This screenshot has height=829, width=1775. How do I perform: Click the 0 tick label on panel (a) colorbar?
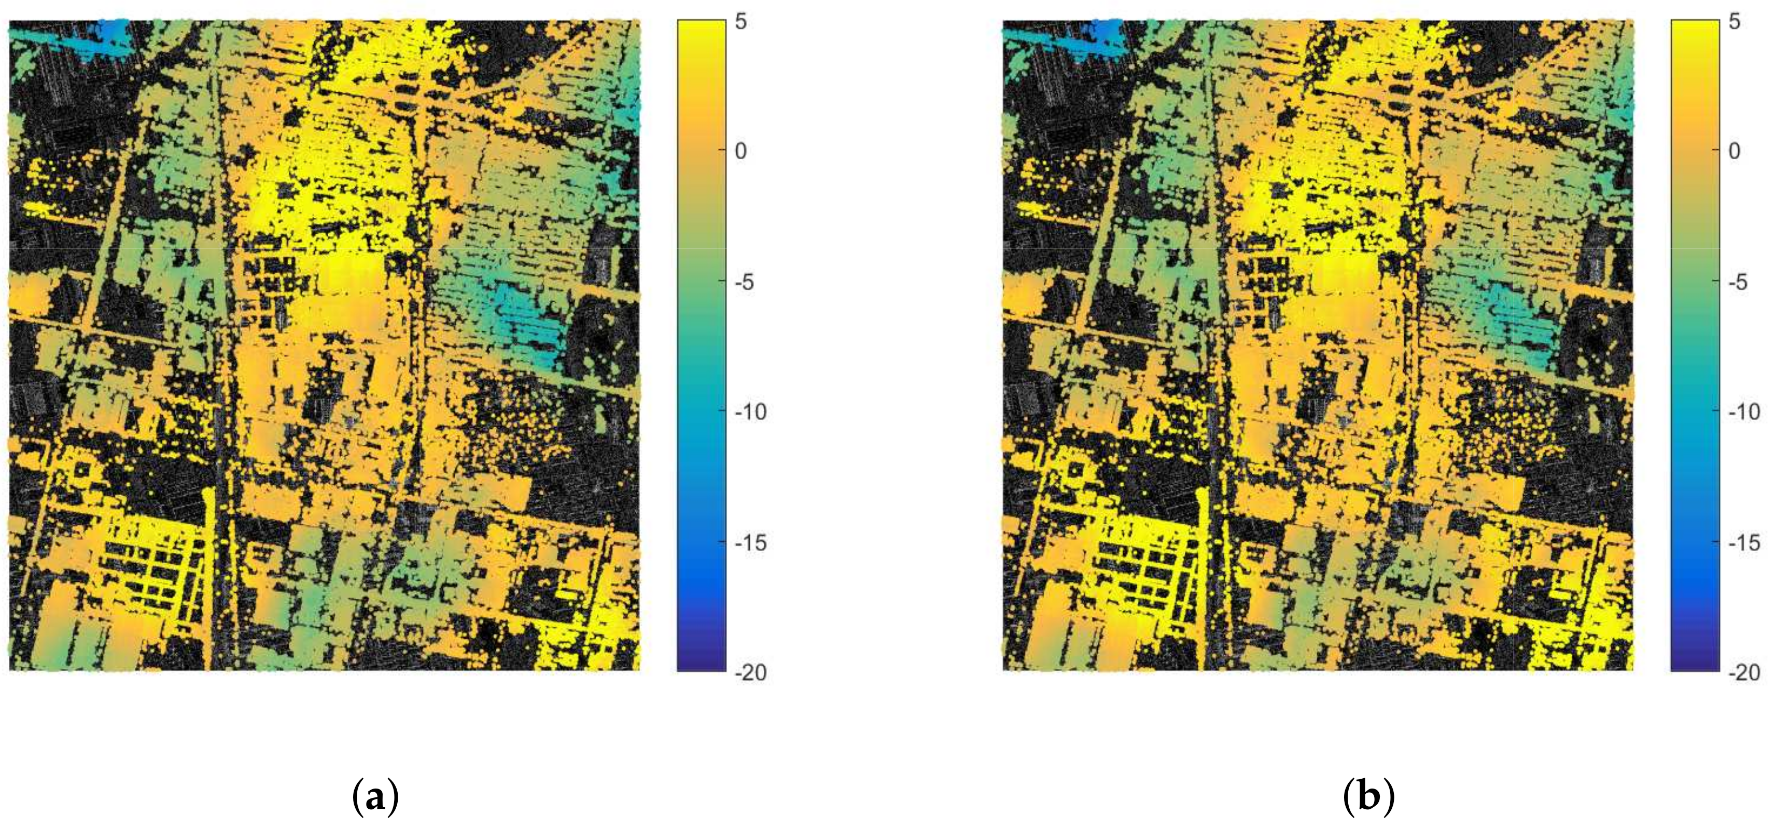click(x=740, y=151)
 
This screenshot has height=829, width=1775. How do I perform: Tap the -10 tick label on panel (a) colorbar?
click(x=750, y=412)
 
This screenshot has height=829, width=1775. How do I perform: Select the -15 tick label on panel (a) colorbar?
click(x=750, y=543)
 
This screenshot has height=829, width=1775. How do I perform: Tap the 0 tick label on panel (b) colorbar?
click(x=1735, y=151)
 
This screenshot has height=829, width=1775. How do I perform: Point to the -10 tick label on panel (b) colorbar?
click(x=1744, y=412)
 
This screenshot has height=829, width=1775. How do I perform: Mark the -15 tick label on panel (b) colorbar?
click(x=1744, y=543)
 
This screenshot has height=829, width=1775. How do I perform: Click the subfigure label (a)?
click(x=375, y=797)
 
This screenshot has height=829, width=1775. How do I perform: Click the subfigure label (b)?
click(x=1368, y=797)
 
